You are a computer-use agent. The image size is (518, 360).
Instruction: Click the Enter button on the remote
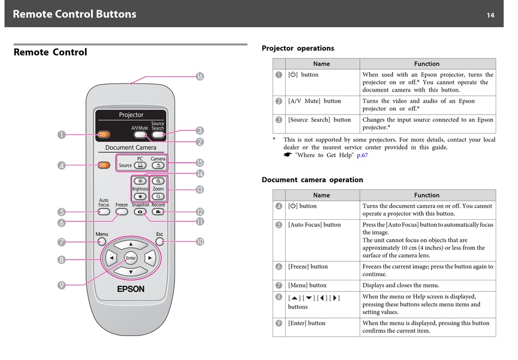130,258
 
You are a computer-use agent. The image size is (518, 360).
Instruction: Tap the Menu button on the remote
102,241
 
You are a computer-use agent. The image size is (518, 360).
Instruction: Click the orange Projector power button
104,134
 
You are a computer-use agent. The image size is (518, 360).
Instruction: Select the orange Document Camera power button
104,165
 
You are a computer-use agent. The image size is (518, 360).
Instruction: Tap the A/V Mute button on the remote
140,134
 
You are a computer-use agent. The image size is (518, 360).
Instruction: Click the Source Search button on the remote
158,134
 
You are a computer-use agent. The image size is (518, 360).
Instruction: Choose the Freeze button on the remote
122,212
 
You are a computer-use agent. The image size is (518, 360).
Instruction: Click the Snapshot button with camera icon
140,212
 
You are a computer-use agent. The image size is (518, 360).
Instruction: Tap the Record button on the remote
158,212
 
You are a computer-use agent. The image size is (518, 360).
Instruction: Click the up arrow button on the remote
130,244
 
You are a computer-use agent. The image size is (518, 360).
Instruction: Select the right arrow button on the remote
149,257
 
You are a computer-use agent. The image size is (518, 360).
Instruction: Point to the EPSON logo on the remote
131,289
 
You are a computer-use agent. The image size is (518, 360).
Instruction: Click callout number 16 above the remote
200,76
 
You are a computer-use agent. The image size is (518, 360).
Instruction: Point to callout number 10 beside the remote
200,241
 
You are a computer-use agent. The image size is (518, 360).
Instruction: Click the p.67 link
362,155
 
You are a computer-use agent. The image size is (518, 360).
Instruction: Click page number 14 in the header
491,15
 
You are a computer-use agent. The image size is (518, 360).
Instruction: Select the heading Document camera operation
312,179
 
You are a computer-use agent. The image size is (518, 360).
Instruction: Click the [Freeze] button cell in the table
308,267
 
